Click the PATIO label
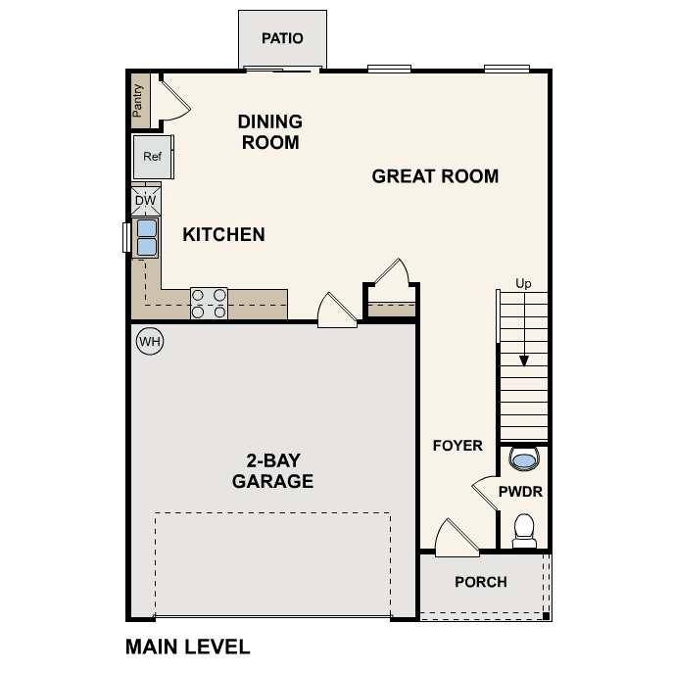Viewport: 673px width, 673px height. [282, 39]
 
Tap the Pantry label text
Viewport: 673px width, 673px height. [138, 100]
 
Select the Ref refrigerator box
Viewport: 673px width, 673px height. [153, 157]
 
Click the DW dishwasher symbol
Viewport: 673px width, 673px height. [145, 201]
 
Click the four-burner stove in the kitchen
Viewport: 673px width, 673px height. [209, 303]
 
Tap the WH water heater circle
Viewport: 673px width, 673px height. [149, 341]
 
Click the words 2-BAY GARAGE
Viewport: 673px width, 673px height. [272, 471]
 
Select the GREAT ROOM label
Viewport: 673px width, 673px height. [435, 176]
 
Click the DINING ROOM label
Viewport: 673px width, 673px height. [269, 131]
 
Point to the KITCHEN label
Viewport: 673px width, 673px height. [223, 234]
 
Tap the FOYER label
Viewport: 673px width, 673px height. [457, 446]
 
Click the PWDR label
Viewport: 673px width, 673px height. [520, 492]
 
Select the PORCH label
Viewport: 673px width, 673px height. [481, 582]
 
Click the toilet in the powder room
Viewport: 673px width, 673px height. [524, 530]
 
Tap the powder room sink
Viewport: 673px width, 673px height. [524, 458]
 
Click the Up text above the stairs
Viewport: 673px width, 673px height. [524, 284]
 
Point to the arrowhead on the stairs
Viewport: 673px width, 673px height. [524, 361]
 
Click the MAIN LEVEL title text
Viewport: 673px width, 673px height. [188, 647]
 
